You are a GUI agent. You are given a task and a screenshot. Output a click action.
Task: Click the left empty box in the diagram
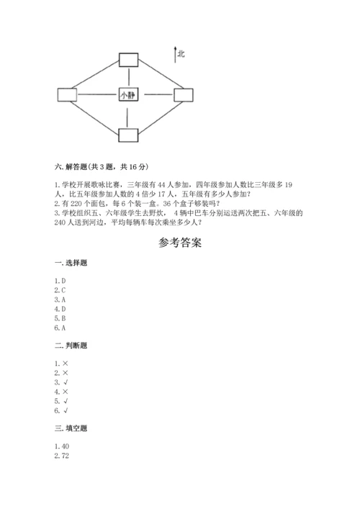coord(67,95)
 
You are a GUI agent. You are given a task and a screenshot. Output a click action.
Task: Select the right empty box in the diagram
coord(186,95)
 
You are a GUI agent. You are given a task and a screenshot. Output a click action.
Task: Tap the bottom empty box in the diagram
coord(128,135)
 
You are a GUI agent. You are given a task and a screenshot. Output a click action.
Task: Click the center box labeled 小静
coord(128,95)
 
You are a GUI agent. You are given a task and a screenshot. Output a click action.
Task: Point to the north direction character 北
coord(181,53)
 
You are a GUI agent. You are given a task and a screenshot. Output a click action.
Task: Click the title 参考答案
coord(180,243)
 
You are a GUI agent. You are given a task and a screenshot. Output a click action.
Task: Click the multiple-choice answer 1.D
coord(60,280)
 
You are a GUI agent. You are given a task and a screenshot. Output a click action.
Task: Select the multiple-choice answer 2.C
coord(60,290)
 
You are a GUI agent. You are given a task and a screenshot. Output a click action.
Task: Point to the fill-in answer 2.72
coord(61,454)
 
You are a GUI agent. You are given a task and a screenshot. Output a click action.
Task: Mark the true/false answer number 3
coord(60,382)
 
